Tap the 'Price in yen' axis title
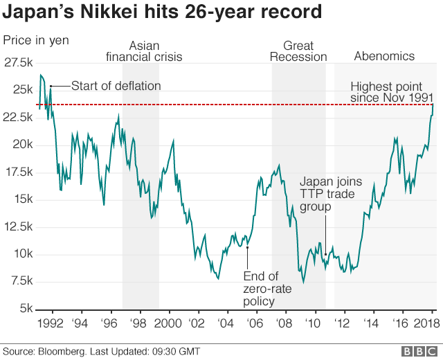pyautogui.click(x=36, y=39)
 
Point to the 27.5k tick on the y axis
pyautogui.click(x=17, y=63)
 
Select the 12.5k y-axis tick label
pyautogui.click(x=17, y=226)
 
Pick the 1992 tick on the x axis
pyautogui.click(x=52, y=323)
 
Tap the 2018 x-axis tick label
pyautogui.click(x=426, y=323)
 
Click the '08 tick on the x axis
pyautogui.click(x=284, y=323)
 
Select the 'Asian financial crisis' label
pyautogui.click(x=143, y=51)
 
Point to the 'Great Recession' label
pyautogui.click(x=298, y=51)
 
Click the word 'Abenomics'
pyautogui.click(x=384, y=56)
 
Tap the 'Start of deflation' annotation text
pyautogui.click(x=116, y=86)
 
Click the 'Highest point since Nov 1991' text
pyautogui.click(x=392, y=92)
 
